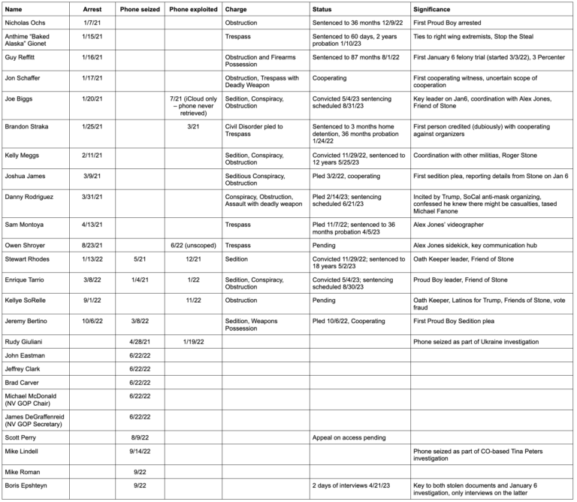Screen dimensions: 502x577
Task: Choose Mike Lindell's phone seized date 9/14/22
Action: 140,452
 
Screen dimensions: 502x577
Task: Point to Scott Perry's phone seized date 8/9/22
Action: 140,437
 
